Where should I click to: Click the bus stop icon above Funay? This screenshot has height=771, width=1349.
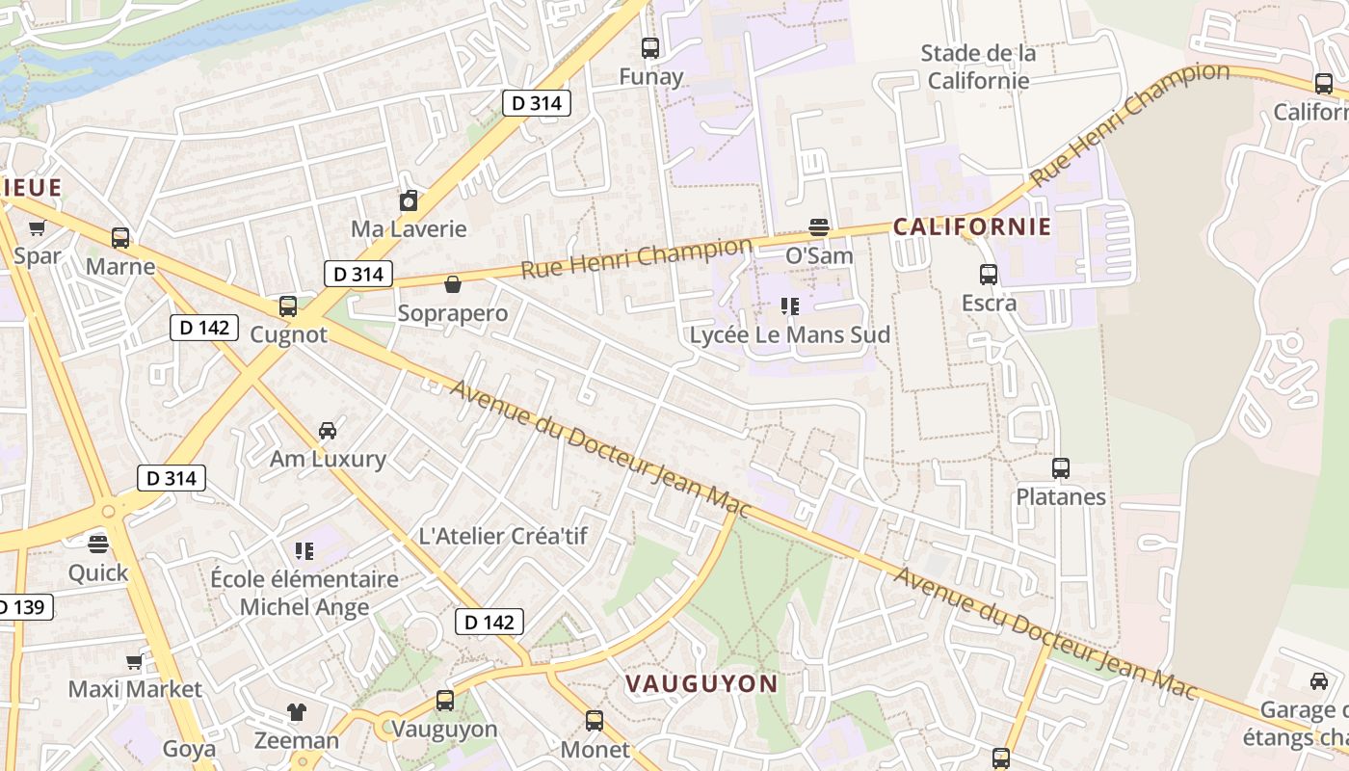[650, 47]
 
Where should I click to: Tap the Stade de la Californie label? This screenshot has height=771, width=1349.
[978, 66]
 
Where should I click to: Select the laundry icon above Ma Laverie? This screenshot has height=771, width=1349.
[409, 200]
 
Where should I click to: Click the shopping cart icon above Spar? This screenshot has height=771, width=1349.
[37, 227]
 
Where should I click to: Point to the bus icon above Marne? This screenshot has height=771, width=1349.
[120, 237]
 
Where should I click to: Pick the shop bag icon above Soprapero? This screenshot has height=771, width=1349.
[452, 284]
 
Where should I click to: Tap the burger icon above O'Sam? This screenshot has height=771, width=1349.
[819, 227]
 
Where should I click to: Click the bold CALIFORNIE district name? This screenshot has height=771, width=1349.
[971, 227]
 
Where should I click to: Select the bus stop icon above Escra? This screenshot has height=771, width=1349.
[989, 275]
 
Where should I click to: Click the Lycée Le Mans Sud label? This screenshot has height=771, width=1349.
[790, 335]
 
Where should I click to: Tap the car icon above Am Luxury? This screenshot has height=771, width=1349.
[328, 430]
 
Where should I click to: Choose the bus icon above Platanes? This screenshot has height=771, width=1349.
[1061, 468]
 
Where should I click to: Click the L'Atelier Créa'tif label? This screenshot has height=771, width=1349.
[503, 536]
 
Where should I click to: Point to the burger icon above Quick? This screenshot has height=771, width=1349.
[97, 544]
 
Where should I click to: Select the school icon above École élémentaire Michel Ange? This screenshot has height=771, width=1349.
[304, 551]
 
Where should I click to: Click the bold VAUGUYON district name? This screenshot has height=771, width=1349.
[701, 684]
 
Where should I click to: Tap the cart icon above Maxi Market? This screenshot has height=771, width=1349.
[135, 661]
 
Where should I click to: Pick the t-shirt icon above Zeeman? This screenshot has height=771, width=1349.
[297, 712]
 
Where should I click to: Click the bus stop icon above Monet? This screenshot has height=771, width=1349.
[595, 720]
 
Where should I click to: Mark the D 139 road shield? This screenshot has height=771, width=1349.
[21, 607]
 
